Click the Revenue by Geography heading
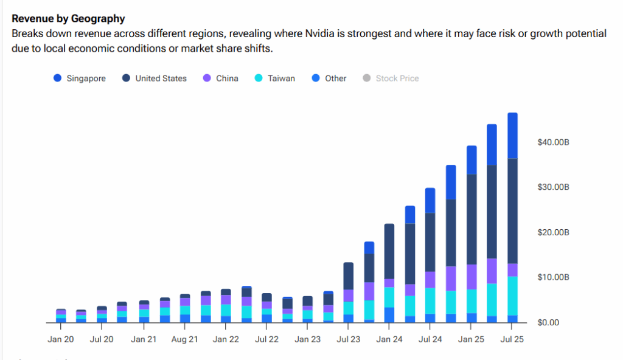[68, 19]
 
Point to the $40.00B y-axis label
[553, 142]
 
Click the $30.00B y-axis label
[553, 187]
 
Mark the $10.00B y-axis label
[553, 277]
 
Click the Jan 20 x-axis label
[61, 339]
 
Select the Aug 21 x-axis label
[184, 339]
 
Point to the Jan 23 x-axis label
[307, 339]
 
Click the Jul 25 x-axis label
[512, 339]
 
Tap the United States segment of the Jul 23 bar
[349, 276]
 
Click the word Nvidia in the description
[320, 33]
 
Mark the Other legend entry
[335, 78]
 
